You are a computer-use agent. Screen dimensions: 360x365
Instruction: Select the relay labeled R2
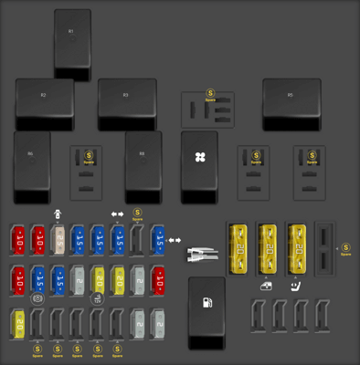(x=44, y=104)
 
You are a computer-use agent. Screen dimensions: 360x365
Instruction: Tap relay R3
(x=126, y=104)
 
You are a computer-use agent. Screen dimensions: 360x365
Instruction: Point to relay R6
(x=31, y=164)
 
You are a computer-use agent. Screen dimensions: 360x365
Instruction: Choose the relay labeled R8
(x=143, y=164)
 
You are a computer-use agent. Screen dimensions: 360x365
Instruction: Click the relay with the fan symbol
(x=199, y=164)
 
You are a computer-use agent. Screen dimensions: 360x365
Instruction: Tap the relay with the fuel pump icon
(x=206, y=310)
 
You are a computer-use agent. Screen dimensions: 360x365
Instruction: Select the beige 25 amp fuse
(x=58, y=241)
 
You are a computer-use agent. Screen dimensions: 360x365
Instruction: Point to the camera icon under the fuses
(x=37, y=298)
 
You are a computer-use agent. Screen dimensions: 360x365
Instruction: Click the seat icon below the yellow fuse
(x=297, y=287)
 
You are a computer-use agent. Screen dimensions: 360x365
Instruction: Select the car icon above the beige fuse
(x=58, y=214)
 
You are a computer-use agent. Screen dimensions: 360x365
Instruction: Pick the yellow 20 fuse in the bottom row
(x=18, y=322)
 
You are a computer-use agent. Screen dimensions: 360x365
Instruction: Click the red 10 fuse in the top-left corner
(x=18, y=241)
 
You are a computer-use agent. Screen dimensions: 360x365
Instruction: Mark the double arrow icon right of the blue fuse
(x=174, y=240)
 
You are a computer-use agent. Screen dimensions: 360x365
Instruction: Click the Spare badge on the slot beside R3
(x=211, y=94)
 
